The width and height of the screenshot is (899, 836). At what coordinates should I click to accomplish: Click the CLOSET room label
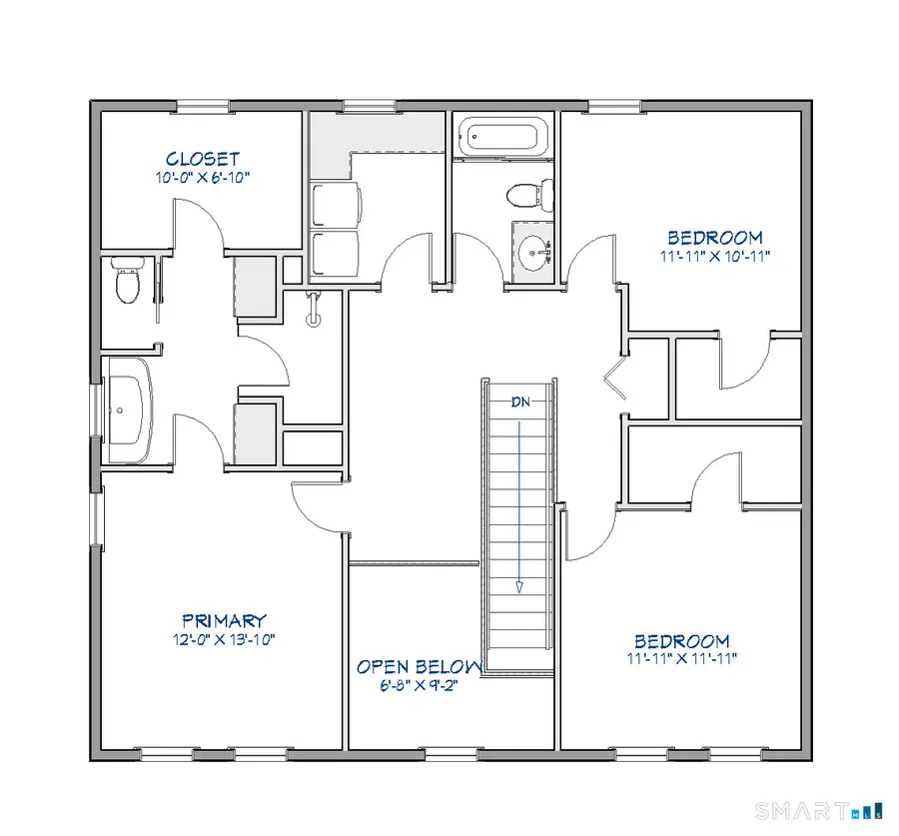(203, 159)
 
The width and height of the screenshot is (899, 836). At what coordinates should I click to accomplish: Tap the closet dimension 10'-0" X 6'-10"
(202, 178)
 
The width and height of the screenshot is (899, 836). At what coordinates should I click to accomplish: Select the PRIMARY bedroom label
(224, 620)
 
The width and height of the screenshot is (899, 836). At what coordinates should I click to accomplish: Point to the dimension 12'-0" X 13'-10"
(224, 638)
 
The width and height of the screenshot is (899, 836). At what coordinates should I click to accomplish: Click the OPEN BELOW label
(420, 667)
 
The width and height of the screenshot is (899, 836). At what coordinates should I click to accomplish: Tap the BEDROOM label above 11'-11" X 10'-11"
(714, 238)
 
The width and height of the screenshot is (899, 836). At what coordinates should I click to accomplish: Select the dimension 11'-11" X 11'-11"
(682, 659)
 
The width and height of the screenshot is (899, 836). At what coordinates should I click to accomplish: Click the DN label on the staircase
(520, 403)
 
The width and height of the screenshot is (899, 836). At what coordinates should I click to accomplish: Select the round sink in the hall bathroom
(534, 249)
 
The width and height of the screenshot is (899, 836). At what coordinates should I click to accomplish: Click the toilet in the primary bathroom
(126, 281)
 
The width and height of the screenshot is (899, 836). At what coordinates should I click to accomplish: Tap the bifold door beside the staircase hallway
(615, 382)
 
